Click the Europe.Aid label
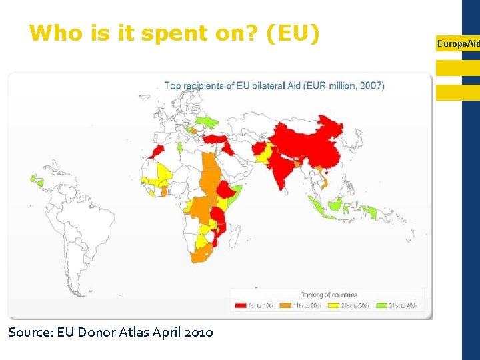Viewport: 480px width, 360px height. [x=458, y=43]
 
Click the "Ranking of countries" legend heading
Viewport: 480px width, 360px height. [x=329, y=295]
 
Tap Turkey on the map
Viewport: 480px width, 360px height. [x=216, y=139]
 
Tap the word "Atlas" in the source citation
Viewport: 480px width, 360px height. [x=139, y=331]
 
